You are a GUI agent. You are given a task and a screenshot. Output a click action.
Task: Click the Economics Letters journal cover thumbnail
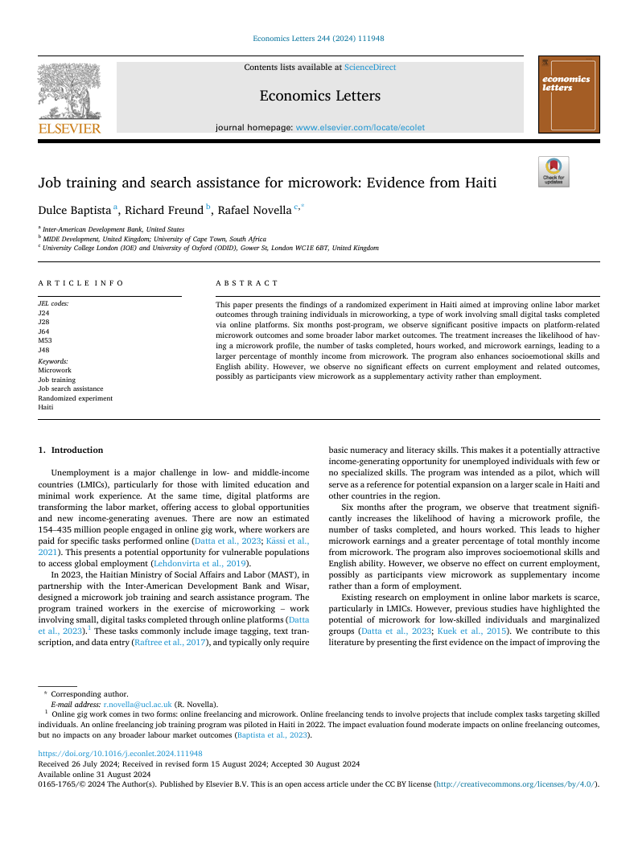pos(568,94)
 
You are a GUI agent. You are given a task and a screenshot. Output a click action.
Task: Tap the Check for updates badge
pos(554,172)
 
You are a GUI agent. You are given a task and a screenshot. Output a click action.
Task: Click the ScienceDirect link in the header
pos(370,68)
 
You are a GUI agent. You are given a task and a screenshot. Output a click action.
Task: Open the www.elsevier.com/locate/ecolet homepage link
pos(360,127)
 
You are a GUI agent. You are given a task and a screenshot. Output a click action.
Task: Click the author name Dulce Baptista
pos(76,210)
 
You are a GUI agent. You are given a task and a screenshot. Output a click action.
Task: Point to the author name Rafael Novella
pos(255,210)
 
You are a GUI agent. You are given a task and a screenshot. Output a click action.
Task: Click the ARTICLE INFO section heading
pos(81,283)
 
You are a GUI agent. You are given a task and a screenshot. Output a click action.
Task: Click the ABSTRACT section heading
pos(246,283)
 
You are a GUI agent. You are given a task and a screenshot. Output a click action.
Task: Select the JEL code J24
pos(43,312)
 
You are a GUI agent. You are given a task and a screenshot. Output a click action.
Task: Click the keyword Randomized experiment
pos(75,398)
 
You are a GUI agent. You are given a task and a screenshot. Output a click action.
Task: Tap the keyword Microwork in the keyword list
pos(55,370)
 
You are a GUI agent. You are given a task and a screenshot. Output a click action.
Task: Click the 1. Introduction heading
pos(72,450)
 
